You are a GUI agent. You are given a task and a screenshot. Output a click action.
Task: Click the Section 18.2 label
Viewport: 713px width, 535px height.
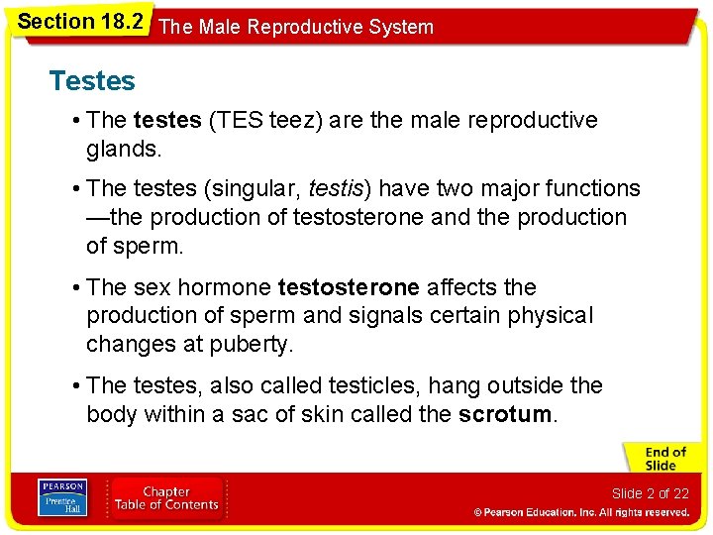[x=79, y=21]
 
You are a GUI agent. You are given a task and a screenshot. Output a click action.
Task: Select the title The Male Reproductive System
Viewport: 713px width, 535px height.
[x=296, y=27]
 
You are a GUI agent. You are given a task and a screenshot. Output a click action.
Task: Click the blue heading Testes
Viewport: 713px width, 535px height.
[x=92, y=80]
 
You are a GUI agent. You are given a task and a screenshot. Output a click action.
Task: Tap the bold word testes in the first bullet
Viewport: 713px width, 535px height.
[x=166, y=120]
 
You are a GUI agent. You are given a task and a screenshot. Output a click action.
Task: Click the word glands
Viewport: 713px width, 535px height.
[x=123, y=149]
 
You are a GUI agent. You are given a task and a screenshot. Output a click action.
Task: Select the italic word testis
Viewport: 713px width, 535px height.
[x=340, y=188]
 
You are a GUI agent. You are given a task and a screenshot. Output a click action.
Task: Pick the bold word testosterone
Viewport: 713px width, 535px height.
[x=349, y=287]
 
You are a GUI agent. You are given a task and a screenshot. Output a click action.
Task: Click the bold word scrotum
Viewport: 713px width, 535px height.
[x=505, y=414]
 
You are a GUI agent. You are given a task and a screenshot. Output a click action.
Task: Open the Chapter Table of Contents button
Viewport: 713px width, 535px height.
[x=167, y=497]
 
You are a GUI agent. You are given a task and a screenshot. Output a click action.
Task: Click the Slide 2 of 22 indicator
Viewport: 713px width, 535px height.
[x=650, y=493]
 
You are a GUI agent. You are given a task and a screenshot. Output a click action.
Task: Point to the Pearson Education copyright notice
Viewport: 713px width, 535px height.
[x=581, y=512]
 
